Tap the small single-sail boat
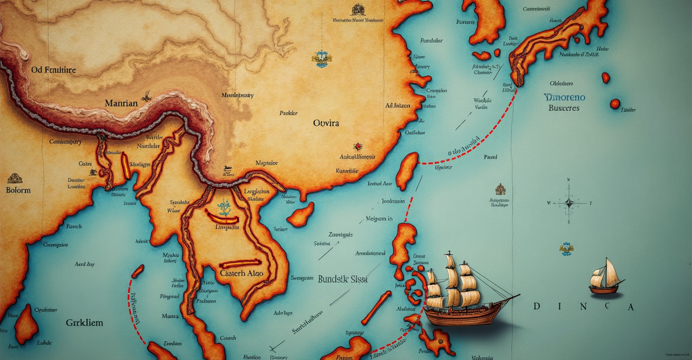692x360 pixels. (605, 277)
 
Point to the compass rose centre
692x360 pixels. (569, 202)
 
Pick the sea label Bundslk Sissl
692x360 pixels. (343, 279)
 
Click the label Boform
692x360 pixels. (18, 189)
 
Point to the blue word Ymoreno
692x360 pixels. (565, 97)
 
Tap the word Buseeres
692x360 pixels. (565, 108)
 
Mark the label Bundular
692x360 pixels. (431, 41)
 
